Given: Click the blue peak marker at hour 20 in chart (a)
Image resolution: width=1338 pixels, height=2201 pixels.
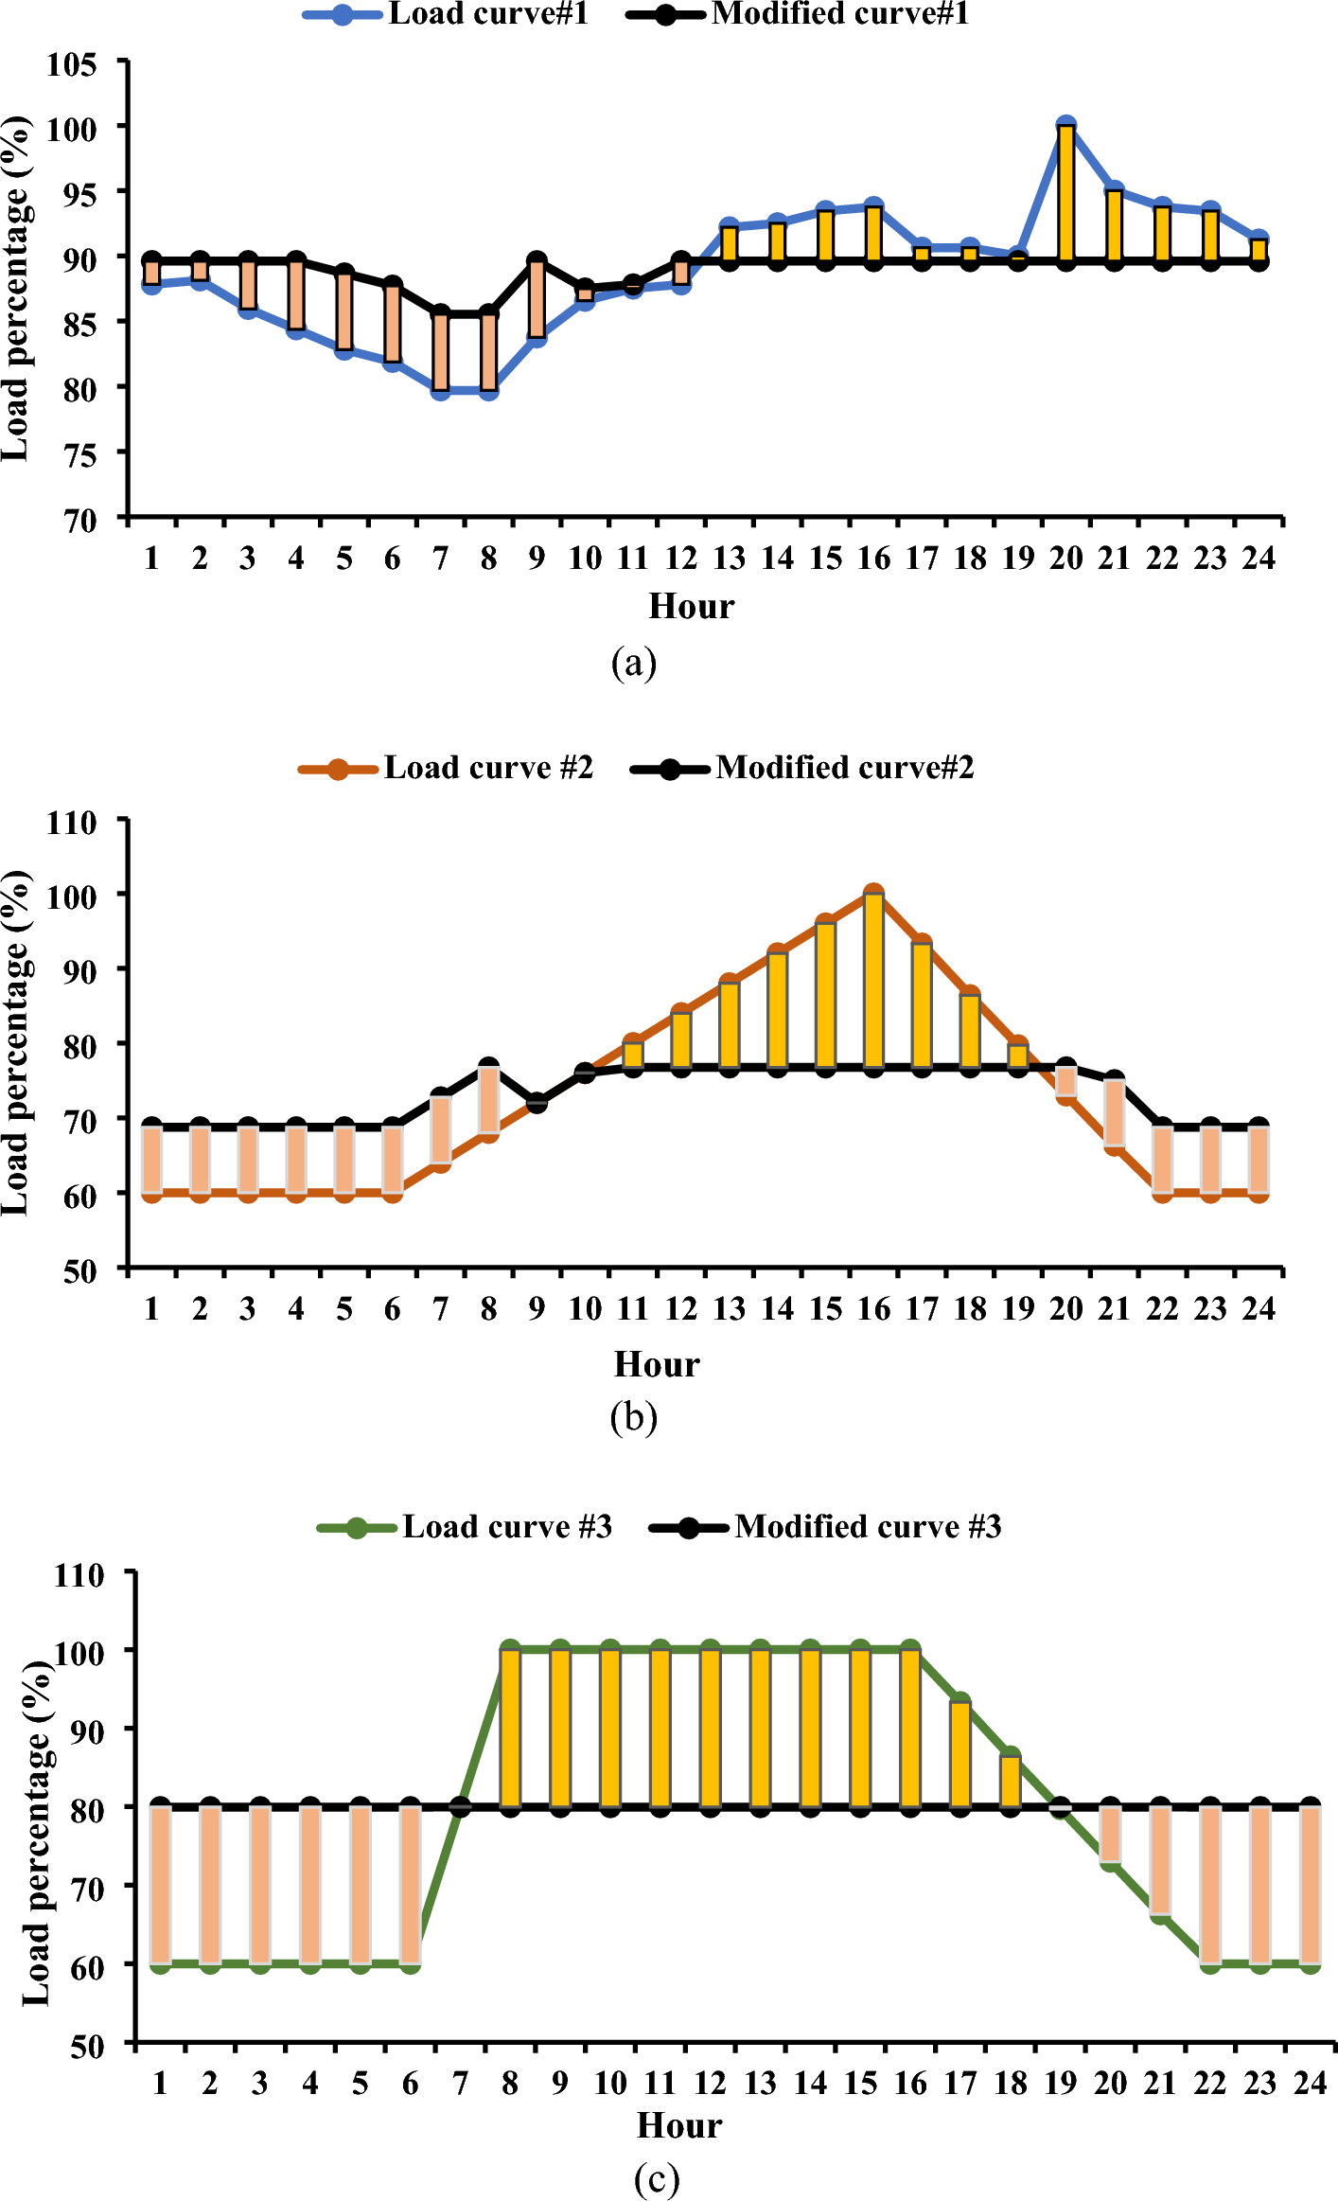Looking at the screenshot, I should [1065, 125].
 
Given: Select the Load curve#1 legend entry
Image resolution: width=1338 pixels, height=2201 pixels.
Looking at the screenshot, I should [446, 14].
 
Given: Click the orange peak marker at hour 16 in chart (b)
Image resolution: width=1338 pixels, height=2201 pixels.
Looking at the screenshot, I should [873, 892].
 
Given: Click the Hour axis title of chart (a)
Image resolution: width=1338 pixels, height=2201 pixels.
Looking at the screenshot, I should [691, 606].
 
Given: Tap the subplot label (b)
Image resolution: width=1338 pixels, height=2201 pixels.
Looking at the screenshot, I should [633, 1417].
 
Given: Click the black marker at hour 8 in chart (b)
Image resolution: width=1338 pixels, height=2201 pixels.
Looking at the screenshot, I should [488, 1067].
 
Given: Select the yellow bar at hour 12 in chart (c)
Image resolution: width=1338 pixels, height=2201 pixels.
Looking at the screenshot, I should [710, 1728].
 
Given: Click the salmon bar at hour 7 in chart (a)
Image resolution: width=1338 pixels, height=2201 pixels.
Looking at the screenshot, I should [440, 352].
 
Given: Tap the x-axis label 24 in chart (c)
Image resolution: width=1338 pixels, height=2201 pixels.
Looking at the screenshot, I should [1310, 2083].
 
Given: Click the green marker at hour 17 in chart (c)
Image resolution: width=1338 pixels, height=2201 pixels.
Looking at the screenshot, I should [959, 1701].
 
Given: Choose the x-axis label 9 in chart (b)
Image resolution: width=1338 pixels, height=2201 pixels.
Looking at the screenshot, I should [537, 1309].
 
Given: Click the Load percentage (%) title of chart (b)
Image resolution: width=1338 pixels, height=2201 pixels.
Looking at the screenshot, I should [16, 1041].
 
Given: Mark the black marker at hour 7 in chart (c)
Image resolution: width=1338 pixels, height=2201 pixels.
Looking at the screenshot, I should [460, 1806].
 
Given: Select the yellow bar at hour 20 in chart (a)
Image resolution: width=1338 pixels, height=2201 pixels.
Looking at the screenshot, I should [1065, 194].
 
